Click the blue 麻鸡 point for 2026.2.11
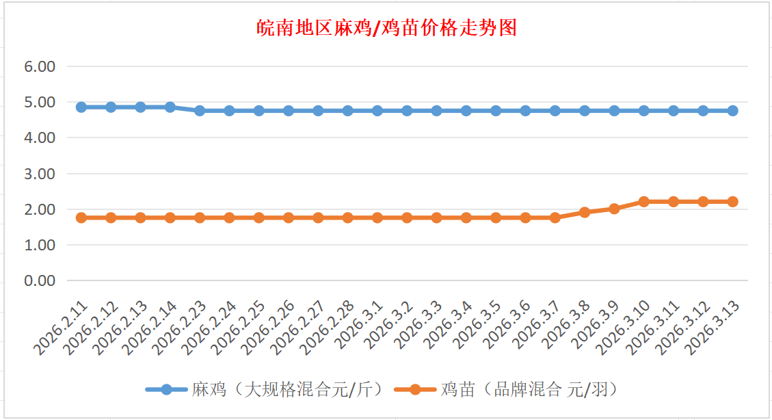81,107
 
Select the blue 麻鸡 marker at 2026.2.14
170,107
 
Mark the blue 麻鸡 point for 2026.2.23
200,111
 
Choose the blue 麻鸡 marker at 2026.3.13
732,111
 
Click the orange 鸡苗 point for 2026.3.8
585,212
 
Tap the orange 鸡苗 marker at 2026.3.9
614,209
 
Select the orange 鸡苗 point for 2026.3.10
643,202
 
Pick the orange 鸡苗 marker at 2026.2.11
81,218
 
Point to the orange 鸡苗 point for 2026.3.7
555,218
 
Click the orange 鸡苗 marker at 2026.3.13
732,202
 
